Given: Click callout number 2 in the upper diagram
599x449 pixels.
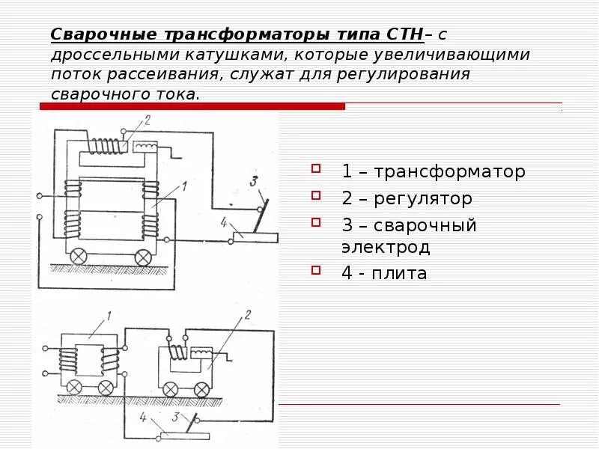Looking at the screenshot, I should [148, 120].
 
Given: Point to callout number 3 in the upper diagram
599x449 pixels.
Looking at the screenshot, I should [254, 181].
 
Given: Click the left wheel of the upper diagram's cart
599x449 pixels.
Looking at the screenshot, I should [77, 257].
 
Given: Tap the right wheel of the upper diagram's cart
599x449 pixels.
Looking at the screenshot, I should [143, 257].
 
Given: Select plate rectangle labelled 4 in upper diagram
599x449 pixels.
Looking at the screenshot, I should [256, 237].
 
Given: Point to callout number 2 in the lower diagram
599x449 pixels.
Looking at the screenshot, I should [249, 315].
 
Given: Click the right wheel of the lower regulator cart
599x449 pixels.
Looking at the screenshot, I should [201, 388].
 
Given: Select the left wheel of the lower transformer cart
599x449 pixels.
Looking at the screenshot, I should [75, 387].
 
